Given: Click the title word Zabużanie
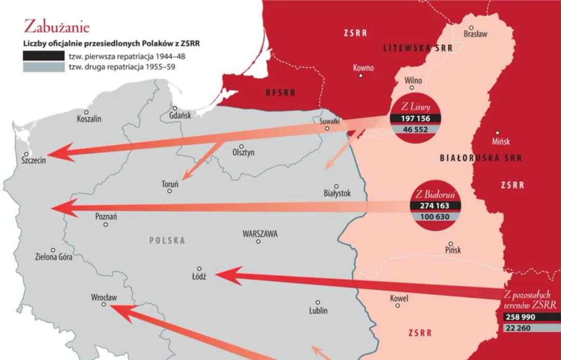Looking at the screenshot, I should [57, 26].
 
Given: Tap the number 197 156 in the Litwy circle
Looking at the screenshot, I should [415, 119].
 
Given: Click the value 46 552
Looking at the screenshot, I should [415, 130].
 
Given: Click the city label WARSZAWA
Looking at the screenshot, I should [260, 234].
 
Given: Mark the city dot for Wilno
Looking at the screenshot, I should [413, 89].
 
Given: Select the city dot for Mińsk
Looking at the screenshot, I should [497, 133].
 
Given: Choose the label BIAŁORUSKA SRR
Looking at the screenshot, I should [480, 158].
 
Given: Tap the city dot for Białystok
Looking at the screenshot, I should [336, 186].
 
